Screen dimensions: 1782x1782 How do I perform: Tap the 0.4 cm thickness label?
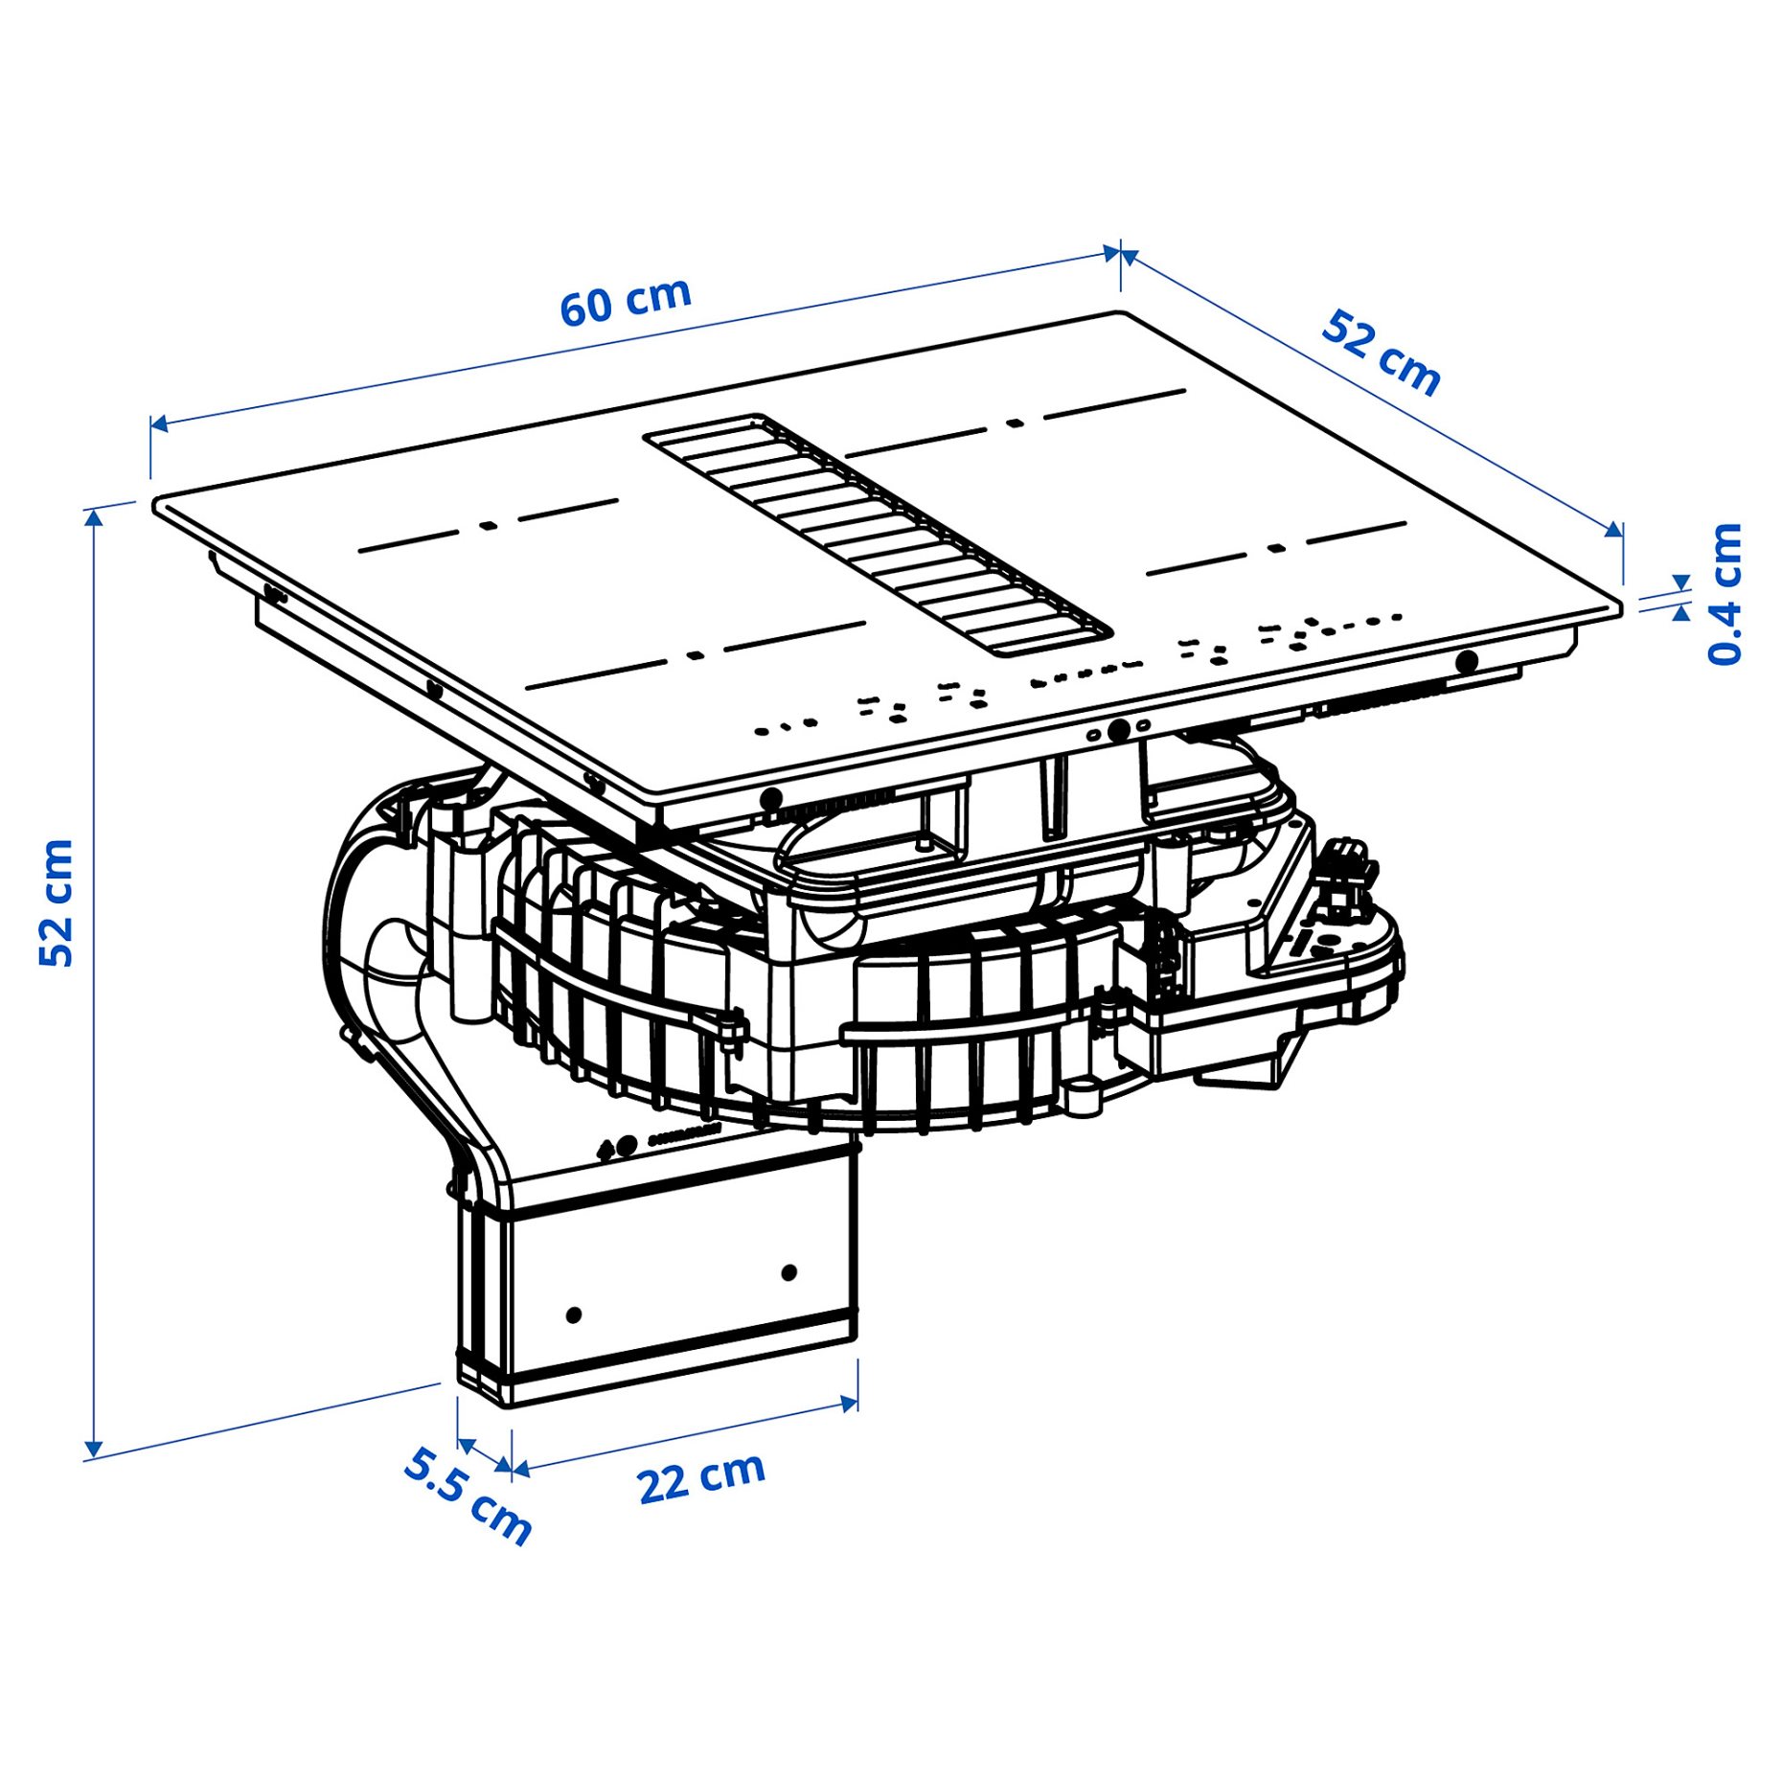(x=1724, y=594)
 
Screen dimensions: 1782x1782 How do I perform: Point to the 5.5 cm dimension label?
(x=467, y=1496)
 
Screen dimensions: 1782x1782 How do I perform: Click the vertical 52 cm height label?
(x=57, y=902)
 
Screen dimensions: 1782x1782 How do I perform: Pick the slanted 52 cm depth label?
(x=1380, y=354)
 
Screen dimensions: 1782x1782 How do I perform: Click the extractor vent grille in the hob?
(x=877, y=535)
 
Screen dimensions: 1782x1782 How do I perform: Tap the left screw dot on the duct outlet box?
(x=574, y=1315)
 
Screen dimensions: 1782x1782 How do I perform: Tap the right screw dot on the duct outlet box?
(x=788, y=1272)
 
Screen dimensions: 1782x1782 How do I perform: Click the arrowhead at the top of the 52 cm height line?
(x=93, y=518)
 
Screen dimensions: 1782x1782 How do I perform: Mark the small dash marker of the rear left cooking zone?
(x=488, y=525)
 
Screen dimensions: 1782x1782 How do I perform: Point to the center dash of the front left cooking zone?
(x=696, y=656)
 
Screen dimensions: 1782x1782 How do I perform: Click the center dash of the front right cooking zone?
(x=1275, y=549)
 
